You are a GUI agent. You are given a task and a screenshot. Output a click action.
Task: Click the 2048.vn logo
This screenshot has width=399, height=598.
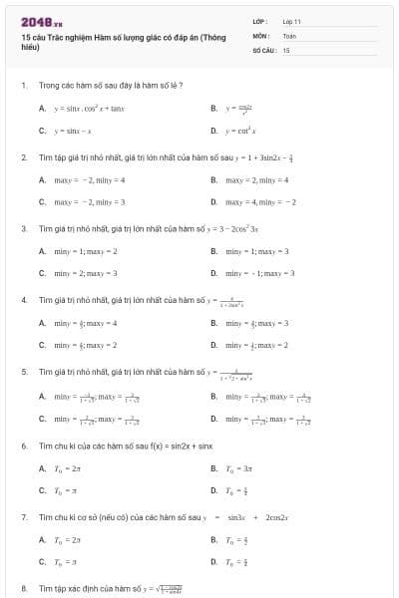(42, 22)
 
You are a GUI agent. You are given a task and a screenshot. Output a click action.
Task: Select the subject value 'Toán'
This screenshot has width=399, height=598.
(289, 35)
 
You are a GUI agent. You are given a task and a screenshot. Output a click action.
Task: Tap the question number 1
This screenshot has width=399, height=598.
(23, 85)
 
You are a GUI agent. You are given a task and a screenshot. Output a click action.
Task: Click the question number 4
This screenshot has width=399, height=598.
(23, 299)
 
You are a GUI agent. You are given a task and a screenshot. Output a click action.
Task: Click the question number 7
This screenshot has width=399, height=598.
(23, 517)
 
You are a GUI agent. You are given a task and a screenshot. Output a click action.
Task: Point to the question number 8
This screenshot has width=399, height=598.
(23, 589)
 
